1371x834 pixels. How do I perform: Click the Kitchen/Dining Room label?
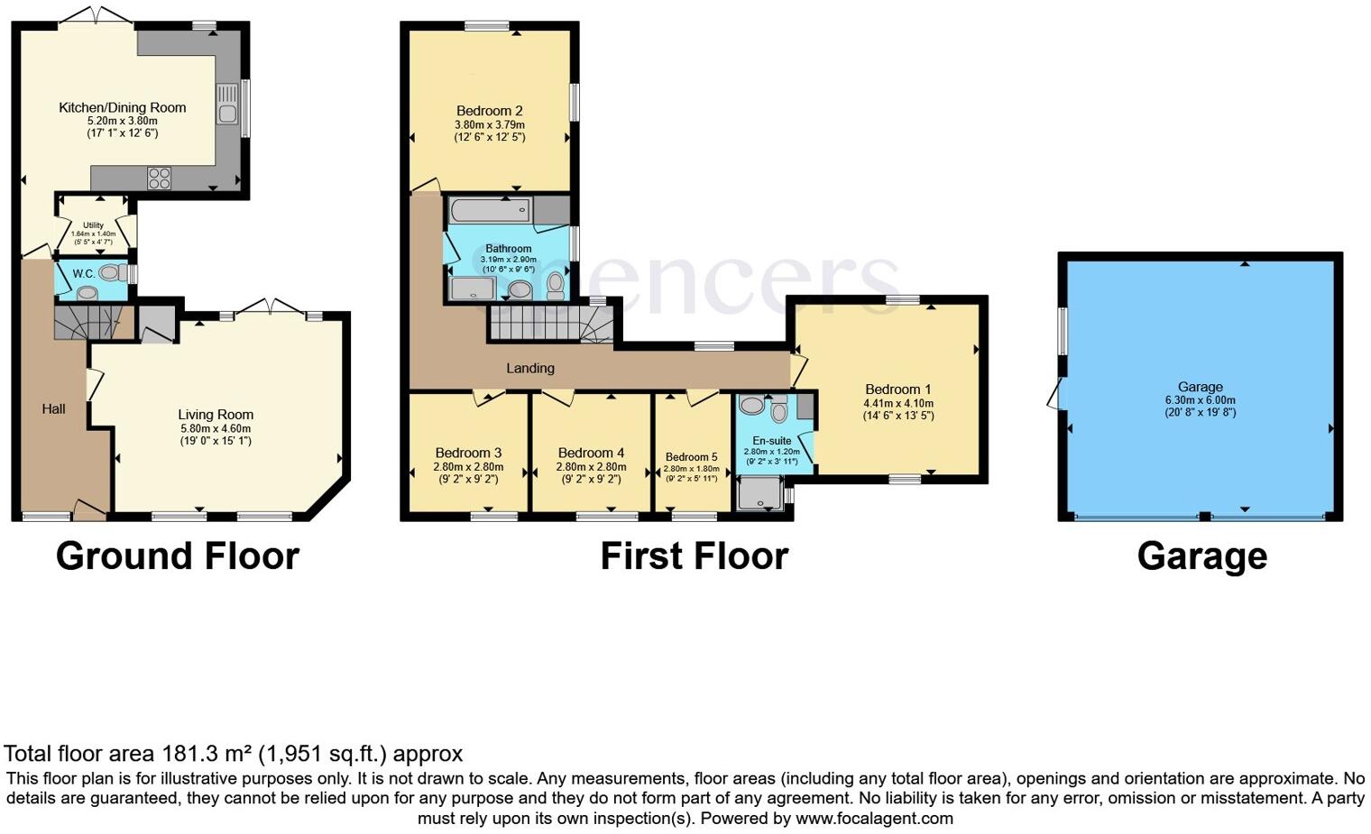(x=122, y=107)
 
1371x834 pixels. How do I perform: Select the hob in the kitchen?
(x=160, y=178)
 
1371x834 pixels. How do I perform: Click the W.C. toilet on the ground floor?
(x=109, y=272)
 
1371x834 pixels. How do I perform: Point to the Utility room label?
(x=93, y=225)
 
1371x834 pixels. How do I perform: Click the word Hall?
(x=53, y=408)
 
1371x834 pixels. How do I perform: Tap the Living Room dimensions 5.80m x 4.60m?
(x=216, y=428)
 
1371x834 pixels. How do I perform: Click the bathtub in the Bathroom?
(x=489, y=210)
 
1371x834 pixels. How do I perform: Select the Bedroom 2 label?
(x=489, y=111)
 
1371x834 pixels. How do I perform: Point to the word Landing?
(x=529, y=368)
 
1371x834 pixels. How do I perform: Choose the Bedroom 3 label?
(x=468, y=453)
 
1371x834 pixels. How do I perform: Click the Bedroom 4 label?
(x=591, y=453)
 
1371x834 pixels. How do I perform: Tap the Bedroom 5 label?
(x=691, y=457)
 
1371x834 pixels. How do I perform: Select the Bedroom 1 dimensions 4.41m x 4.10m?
(x=898, y=403)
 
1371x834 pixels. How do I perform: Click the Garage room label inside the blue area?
(x=1200, y=387)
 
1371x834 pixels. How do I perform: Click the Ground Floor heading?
(x=177, y=555)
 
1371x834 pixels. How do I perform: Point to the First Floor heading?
(x=694, y=555)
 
